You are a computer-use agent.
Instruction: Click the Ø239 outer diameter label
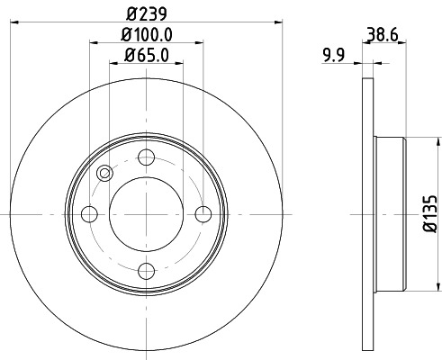146,13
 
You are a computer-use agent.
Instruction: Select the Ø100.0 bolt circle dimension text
146,35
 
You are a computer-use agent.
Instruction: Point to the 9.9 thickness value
334,56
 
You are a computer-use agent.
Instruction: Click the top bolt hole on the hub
146,158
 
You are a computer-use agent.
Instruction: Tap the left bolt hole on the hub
89,214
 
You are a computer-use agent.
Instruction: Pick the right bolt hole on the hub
203,214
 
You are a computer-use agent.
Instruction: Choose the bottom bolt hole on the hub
146,270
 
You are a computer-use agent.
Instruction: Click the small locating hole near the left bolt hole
104,174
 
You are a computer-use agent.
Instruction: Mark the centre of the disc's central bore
146,214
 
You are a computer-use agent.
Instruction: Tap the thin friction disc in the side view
367,214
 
